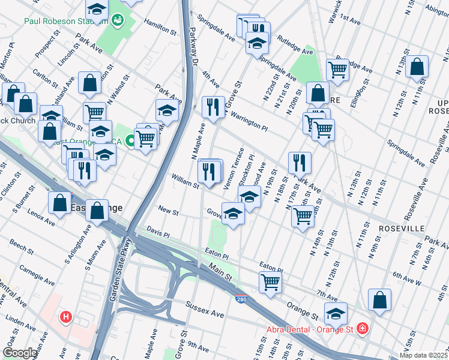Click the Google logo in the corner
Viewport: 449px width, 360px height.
19,353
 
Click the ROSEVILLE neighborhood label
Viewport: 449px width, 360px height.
402,229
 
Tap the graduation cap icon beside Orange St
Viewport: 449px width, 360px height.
336,313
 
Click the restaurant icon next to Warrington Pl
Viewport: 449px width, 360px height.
212,107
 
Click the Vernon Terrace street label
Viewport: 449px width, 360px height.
234,169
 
